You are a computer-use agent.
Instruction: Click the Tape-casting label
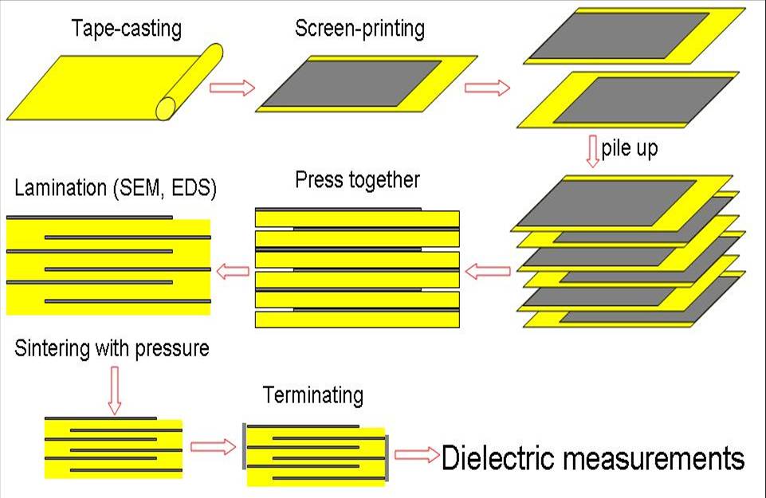point(127,29)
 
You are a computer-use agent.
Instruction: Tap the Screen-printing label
point(359,29)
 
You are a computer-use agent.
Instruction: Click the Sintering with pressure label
point(112,348)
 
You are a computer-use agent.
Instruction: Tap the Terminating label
point(312,394)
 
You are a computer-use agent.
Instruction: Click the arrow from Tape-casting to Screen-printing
point(232,87)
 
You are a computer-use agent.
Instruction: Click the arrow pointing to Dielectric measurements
point(417,455)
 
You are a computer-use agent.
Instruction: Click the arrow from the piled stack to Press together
point(487,272)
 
